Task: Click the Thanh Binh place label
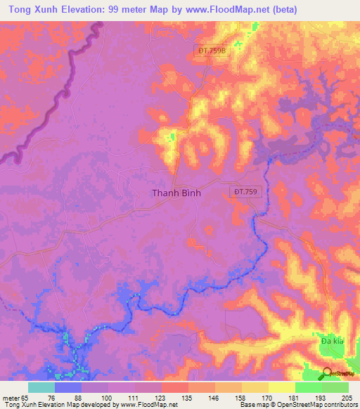coord(176,193)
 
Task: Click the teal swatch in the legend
coord(41,387)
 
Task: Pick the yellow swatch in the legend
coord(281,387)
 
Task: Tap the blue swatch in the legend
coord(68,387)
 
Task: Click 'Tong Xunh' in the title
coord(32,9)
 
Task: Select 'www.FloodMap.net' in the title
coord(216,9)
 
